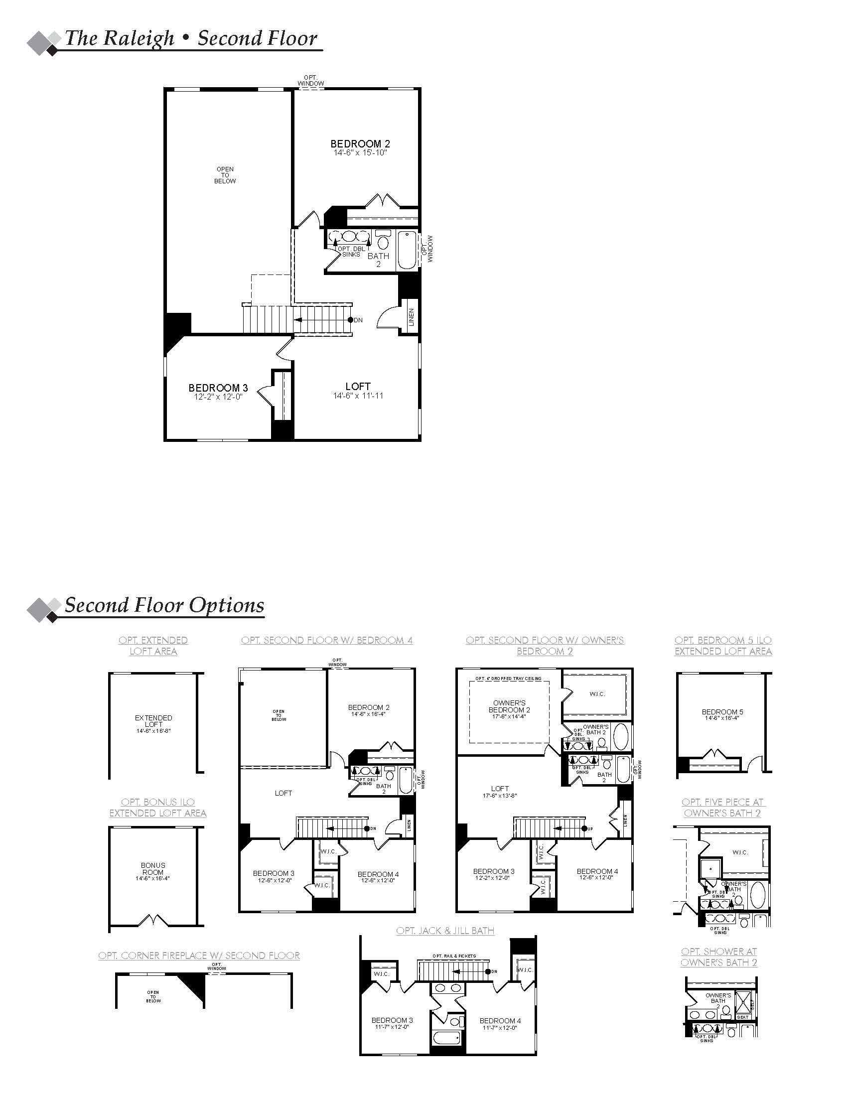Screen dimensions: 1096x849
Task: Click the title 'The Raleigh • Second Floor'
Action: (191, 39)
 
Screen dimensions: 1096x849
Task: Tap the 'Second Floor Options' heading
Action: (164, 605)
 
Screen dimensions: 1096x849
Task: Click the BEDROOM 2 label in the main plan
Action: (360, 144)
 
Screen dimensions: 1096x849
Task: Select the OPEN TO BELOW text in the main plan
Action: (225, 175)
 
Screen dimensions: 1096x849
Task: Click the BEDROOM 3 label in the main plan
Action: (218, 388)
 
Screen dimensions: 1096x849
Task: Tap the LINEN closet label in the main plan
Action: (412, 317)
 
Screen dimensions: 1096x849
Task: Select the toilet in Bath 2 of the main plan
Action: (383, 242)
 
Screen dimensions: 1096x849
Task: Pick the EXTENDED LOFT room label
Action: (153, 721)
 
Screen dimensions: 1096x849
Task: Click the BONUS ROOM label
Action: (153, 869)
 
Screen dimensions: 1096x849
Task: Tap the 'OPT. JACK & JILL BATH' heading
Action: (445, 931)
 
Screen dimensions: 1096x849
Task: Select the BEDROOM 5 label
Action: (722, 712)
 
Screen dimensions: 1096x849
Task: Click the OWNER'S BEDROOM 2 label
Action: (509, 706)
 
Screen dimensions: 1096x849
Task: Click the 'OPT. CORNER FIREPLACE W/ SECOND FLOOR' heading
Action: (199, 956)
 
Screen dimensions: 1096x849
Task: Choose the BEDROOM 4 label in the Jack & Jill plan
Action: (500, 1021)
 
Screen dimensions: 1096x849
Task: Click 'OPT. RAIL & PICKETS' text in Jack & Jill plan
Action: (454, 956)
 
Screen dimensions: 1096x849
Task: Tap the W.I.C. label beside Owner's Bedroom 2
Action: (597, 694)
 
